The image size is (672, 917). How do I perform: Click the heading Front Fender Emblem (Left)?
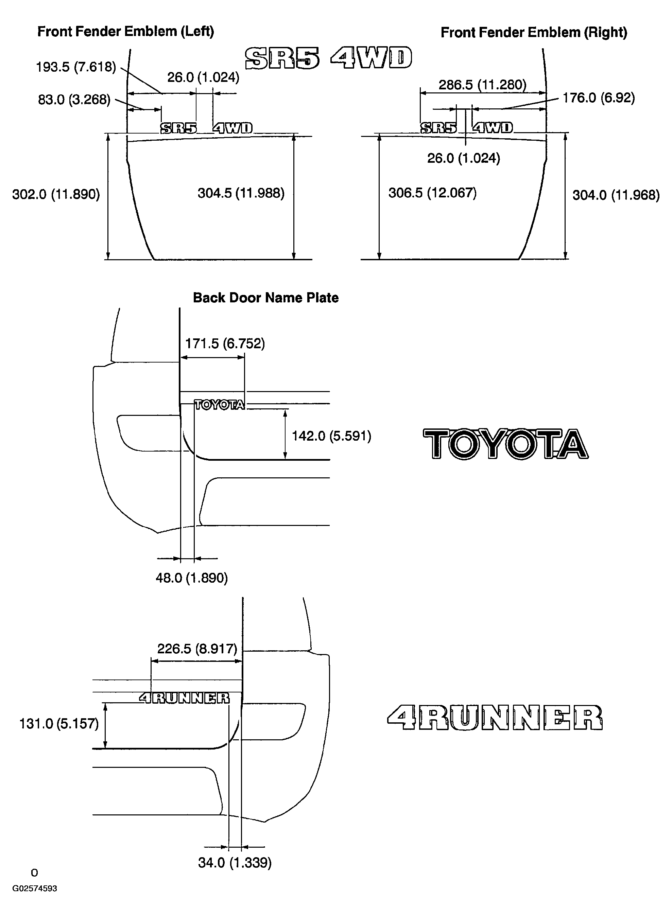tap(126, 32)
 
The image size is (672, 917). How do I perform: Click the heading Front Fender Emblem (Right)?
tap(534, 33)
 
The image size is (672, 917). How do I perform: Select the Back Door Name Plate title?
tap(265, 298)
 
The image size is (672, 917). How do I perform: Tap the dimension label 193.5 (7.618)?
tap(76, 67)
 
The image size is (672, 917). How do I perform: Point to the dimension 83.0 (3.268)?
tap(74, 100)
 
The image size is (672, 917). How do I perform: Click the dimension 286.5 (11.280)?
tap(482, 85)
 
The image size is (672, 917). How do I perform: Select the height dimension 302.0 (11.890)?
tap(56, 194)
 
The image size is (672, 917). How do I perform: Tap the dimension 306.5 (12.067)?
tap(432, 193)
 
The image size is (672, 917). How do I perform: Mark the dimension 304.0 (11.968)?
tap(616, 195)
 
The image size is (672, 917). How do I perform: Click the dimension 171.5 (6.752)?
tap(225, 343)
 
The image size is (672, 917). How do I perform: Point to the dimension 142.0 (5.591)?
tap(331, 436)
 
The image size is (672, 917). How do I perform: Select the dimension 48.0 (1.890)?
tap(192, 578)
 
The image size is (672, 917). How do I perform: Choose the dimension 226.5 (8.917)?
tap(197, 649)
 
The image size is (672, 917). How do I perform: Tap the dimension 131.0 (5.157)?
tap(59, 724)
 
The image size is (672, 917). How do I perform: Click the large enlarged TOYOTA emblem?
tap(506, 444)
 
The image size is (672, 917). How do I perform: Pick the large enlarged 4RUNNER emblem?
tap(495, 718)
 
